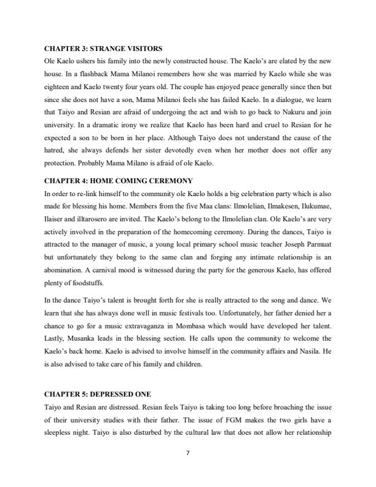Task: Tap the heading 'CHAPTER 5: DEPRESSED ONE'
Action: pyautogui.click(x=98, y=392)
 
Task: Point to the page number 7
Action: pyautogui.click(x=187, y=453)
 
